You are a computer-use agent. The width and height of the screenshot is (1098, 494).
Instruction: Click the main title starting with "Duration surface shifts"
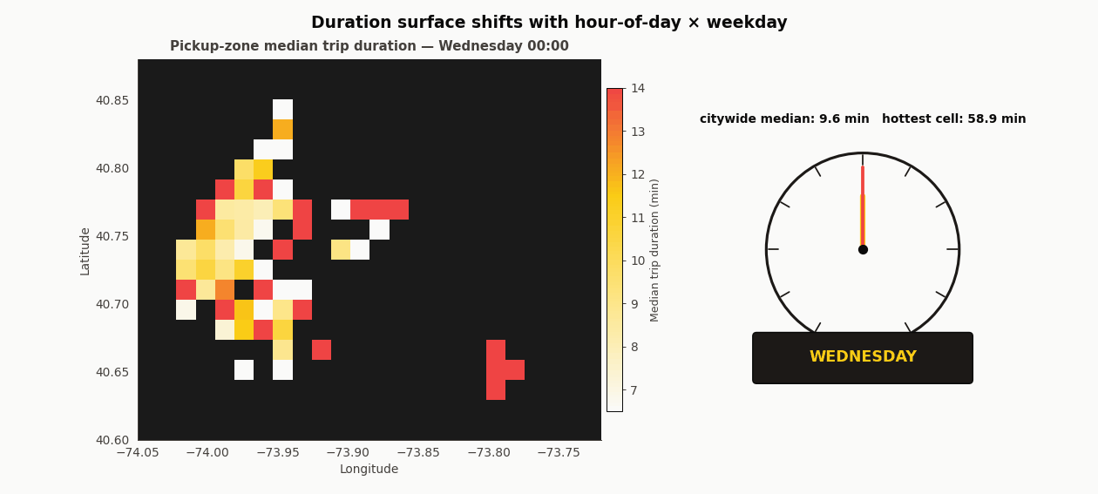point(549,23)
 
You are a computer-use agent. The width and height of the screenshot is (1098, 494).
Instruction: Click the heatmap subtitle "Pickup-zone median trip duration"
point(369,46)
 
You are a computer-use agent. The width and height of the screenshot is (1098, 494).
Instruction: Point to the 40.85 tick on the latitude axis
point(112,100)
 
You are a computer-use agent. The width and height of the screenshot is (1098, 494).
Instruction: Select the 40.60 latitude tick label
point(112,440)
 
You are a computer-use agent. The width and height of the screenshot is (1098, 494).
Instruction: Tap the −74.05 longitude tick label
point(138,453)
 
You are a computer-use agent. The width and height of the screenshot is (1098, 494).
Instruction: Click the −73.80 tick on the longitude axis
point(489,453)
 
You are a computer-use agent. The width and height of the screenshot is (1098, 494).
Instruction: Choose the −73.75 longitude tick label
point(559,453)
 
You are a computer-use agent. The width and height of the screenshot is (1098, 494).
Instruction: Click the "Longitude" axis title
point(369,470)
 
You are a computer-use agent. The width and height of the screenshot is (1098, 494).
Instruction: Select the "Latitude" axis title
point(85,251)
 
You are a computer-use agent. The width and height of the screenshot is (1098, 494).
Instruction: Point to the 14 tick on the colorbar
point(637,88)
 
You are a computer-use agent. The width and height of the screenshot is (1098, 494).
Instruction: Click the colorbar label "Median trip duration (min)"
point(655,250)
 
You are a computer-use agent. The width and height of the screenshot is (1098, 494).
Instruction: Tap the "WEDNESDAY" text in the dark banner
point(863,357)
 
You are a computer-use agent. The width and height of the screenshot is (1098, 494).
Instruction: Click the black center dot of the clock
point(863,249)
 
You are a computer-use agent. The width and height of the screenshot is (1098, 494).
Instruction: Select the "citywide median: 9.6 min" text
point(784,119)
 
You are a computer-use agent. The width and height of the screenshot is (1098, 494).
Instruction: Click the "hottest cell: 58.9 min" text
point(953,119)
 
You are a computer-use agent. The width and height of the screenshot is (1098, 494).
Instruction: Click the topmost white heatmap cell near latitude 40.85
point(282,109)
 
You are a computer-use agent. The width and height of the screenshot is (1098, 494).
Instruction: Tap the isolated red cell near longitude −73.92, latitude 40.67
point(322,349)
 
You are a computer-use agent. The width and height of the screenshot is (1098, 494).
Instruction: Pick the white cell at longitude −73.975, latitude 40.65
point(244,369)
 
